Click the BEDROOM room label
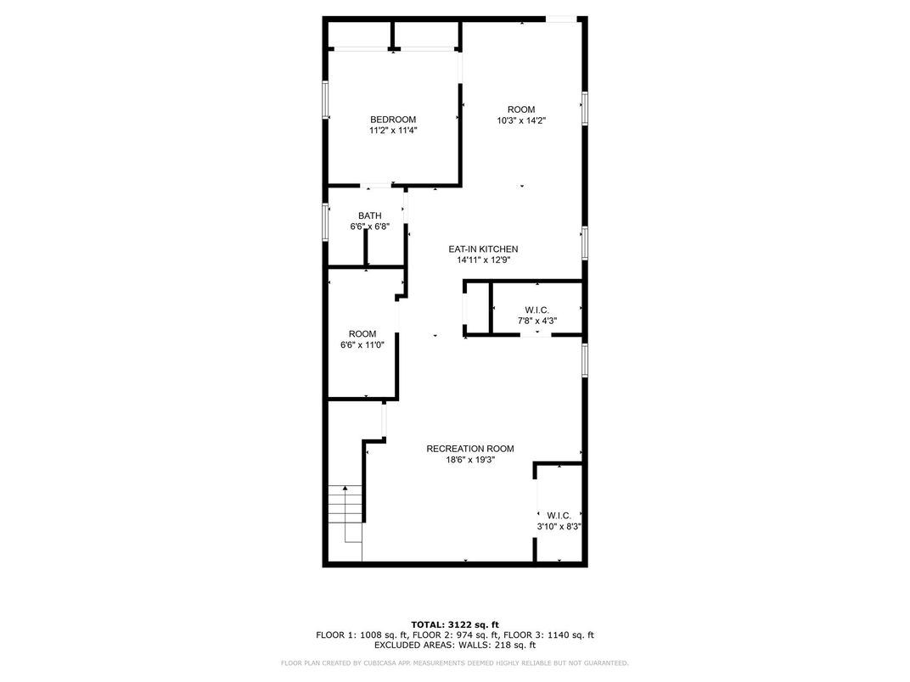coord(392,120)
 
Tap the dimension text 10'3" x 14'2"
coord(520,120)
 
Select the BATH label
coord(369,215)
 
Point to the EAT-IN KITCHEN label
coord(483,249)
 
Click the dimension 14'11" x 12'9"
coord(483,260)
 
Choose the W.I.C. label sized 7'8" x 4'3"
coord(537,310)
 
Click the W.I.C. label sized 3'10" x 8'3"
coord(559,515)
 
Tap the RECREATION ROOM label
coord(469,449)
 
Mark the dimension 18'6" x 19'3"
coord(469,460)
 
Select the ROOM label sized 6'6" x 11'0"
coord(362,334)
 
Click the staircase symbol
coord(345,513)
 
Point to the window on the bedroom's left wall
coord(325,99)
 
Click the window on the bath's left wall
coord(325,221)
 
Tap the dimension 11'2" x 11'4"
coord(392,131)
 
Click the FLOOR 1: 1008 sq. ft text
coord(361,634)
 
